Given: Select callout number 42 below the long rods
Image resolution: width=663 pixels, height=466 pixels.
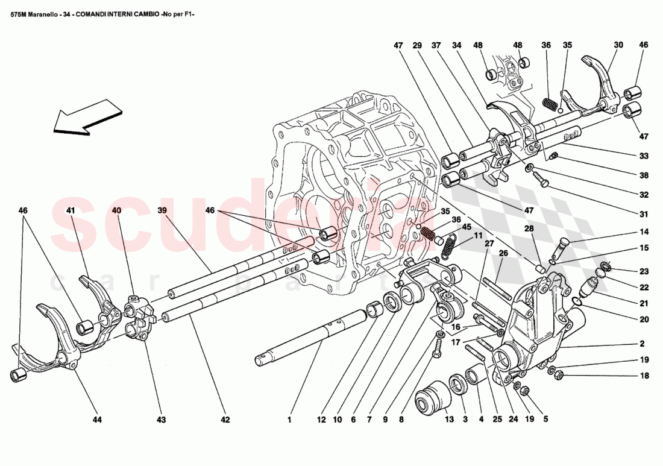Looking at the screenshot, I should tap(225, 420).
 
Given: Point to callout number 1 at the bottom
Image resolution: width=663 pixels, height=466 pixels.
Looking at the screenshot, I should tap(290, 420).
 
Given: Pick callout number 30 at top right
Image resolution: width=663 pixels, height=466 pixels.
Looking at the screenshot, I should tap(618, 45).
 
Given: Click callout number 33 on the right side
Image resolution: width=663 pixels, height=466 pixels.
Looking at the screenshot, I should tap(644, 156).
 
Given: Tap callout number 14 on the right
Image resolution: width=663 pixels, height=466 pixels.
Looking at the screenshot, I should tap(644, 231).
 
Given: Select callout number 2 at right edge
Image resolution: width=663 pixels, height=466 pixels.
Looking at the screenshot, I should tap(642, 344).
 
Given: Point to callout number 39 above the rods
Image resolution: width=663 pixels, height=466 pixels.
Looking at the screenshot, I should tap(162, 211).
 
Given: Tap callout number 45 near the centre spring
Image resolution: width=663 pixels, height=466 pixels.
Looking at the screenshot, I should tap(466, 227).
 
